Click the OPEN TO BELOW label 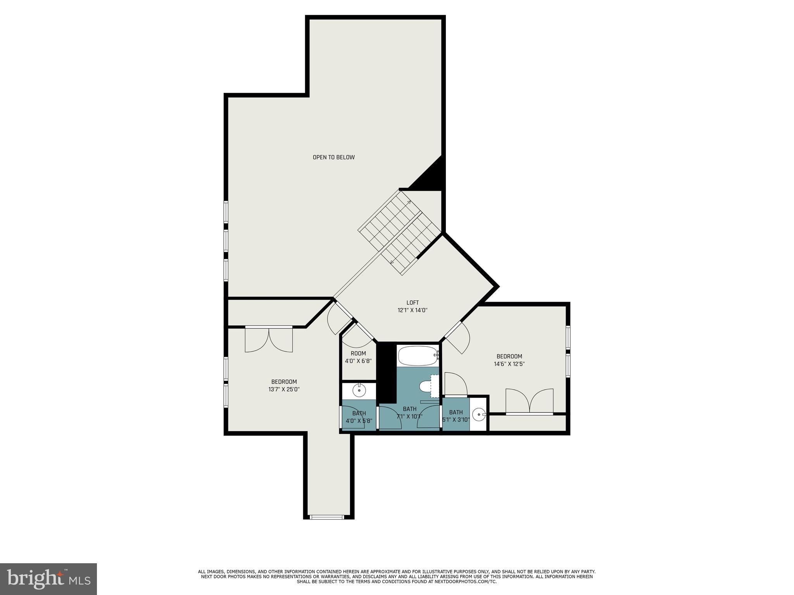[x=333, y=157]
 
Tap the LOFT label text [x=413, y=303]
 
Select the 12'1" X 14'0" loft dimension [x=413, y=310]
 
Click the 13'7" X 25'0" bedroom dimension [x=284, y=390]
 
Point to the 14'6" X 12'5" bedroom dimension [x=509, y=364]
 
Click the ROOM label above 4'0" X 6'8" [x=358, y=353]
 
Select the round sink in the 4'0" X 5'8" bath [x=359, y=390]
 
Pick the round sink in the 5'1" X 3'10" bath [x=480, y=415]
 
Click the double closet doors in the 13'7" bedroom [x=269, y=340]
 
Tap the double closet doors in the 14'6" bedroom [x=529, y=401]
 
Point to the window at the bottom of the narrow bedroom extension [x=327, y=516]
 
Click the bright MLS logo [x=48, y=579]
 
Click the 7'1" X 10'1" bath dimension [x=409, y=416]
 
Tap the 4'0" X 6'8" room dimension [x=358, y=361]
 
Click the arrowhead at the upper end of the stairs [x=409, y=202]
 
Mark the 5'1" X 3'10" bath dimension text [x=456, y=420]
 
